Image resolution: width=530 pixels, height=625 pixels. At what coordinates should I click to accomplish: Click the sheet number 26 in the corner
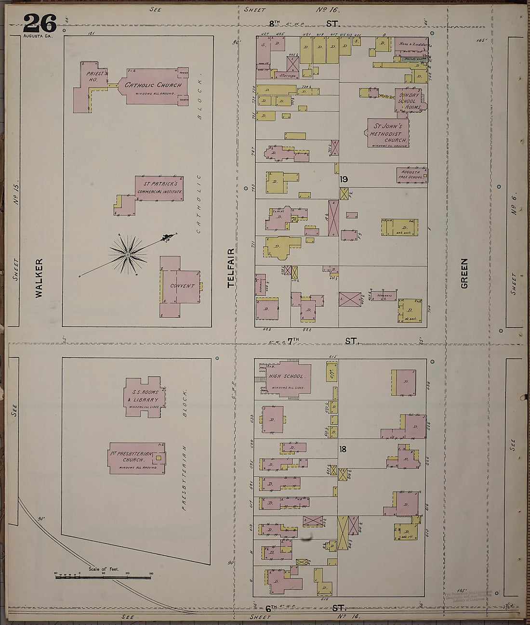[40, 23]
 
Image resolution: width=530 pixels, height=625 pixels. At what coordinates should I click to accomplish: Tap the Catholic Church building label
[153, 85]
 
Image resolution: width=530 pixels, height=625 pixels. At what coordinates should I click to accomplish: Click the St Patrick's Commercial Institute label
[159, 188]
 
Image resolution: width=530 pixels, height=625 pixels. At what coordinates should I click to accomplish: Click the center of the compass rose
[128, 253]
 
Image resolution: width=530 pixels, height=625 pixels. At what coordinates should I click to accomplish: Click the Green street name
[464, 273]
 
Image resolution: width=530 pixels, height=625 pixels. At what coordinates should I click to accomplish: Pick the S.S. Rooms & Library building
[145, 396]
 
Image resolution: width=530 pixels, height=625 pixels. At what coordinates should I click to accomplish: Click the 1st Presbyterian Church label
[137, 457]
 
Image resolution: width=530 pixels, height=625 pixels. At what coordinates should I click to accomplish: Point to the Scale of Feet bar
[103, 576]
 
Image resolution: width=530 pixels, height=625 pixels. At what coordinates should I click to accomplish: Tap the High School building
[286, 377]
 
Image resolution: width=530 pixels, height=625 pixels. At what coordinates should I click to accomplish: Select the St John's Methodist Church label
[388, 133]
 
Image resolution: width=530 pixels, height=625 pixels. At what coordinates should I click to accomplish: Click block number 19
[344, 180]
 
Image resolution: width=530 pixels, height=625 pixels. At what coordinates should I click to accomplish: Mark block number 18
[343, 449]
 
